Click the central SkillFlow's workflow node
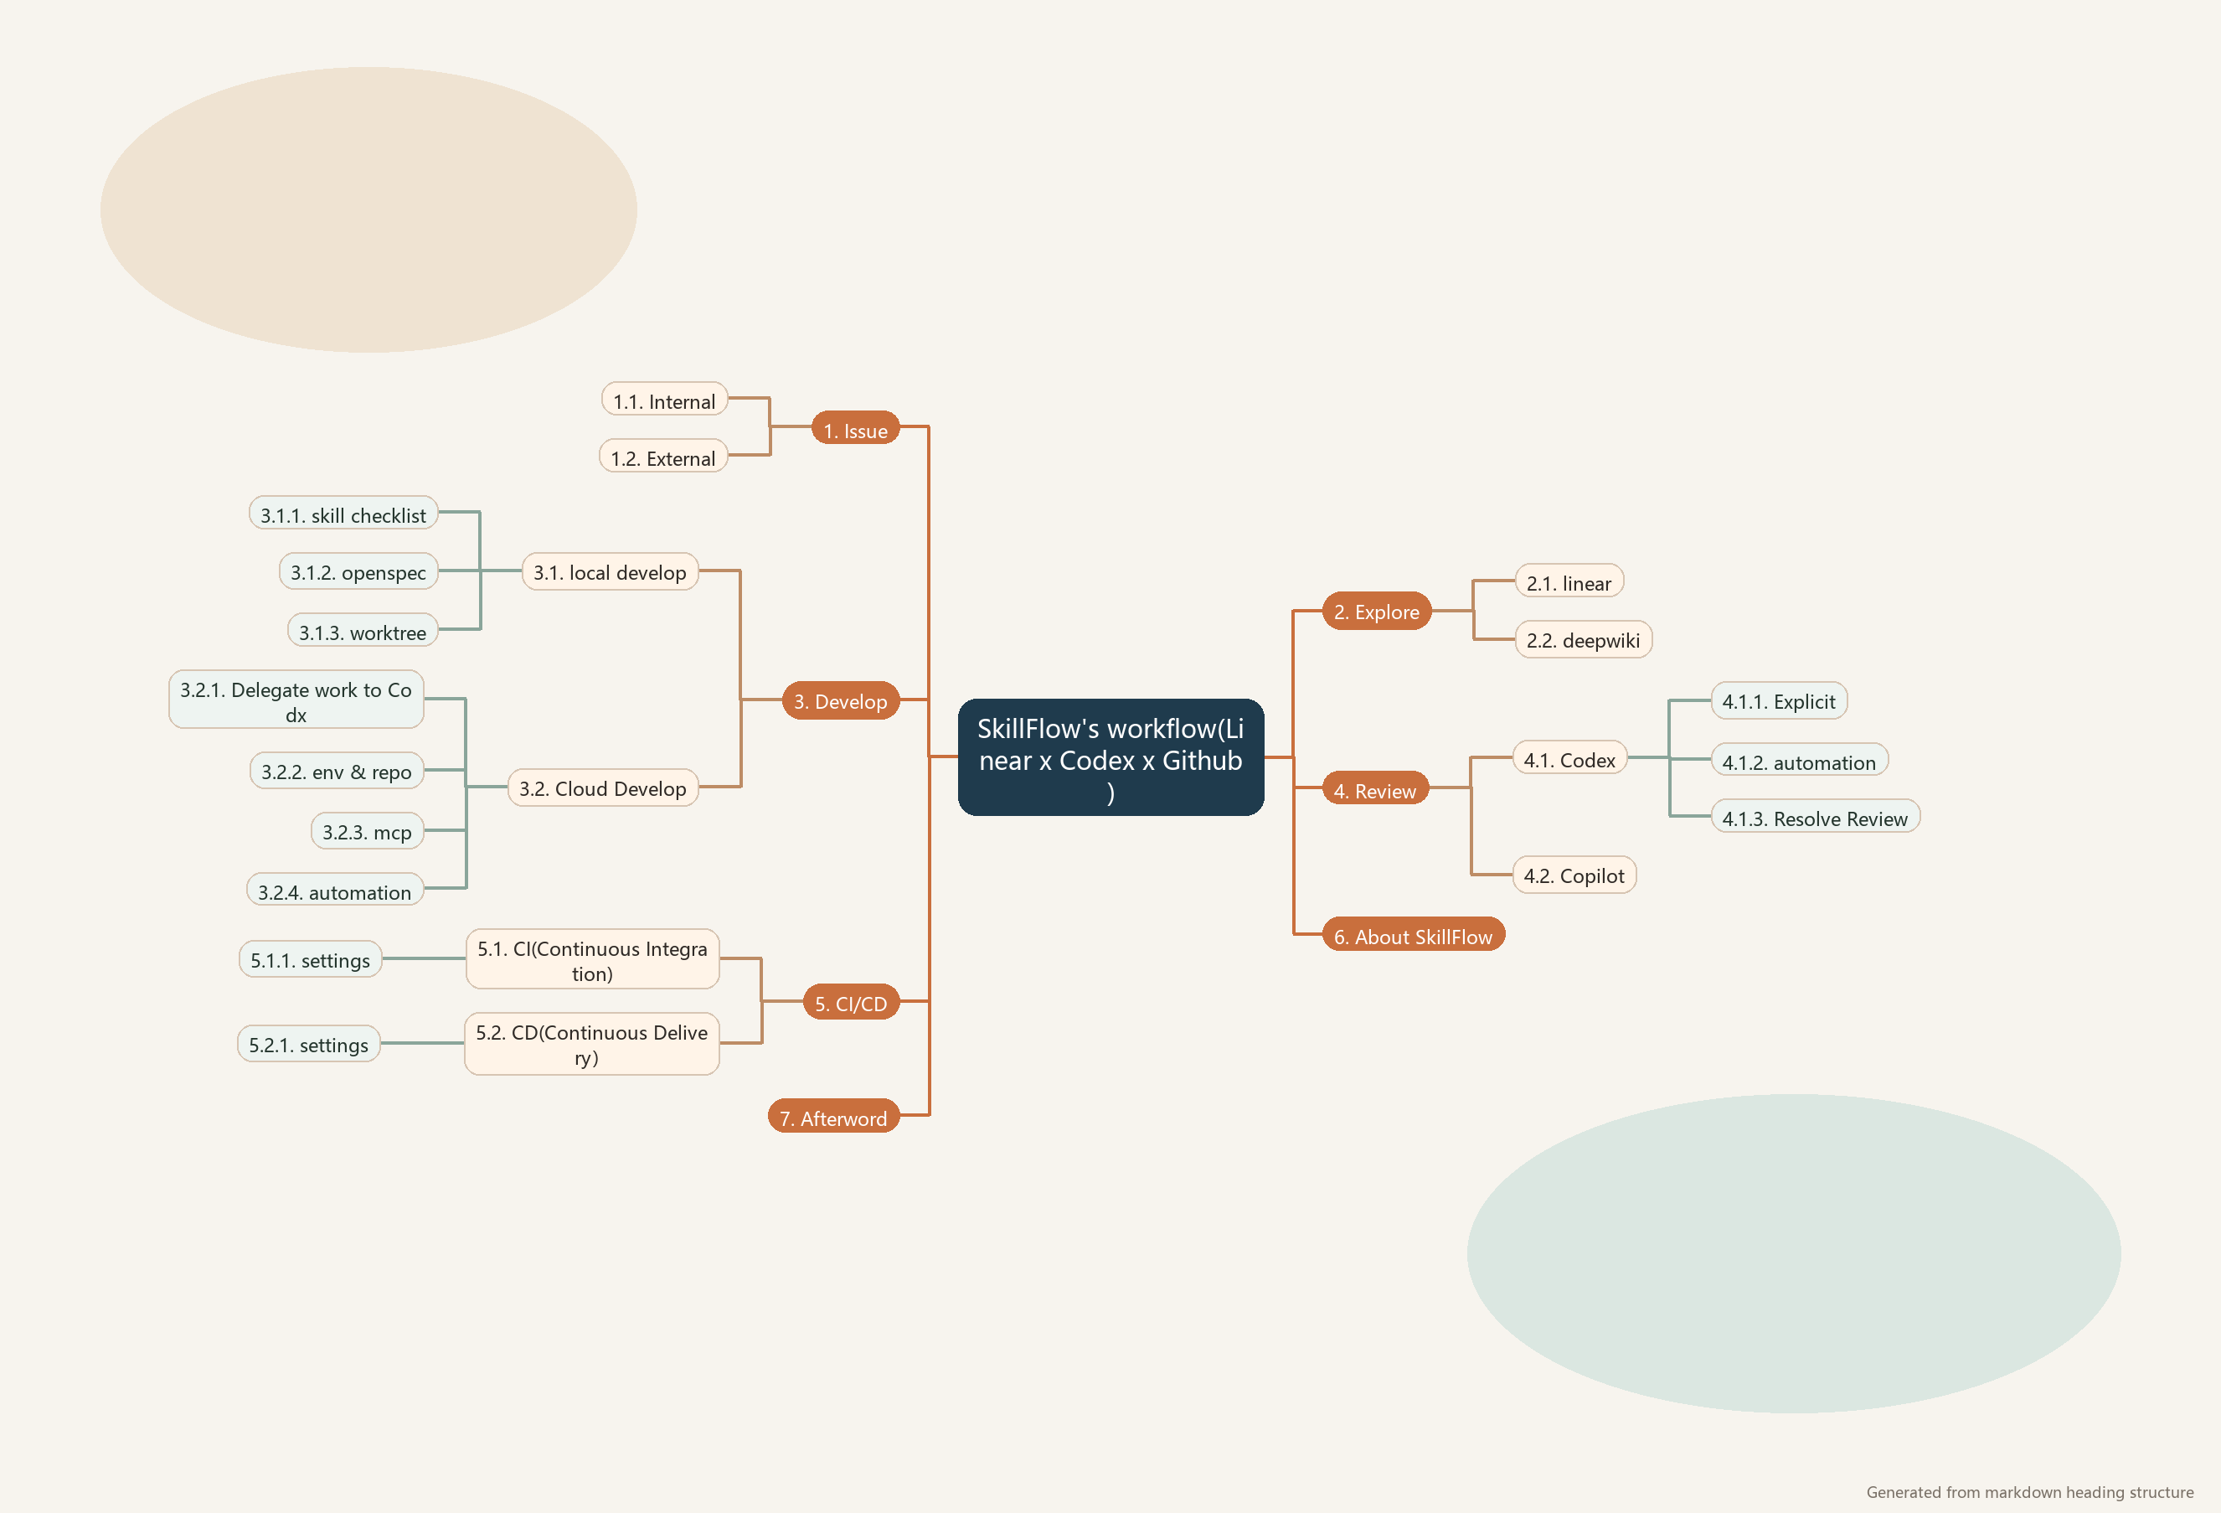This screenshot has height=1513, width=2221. (x=1110, y=757)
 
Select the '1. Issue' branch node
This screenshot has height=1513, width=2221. (x=855, y=430)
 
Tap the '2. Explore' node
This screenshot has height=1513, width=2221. (x=1376, y=612)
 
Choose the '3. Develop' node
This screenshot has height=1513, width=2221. (x=840, y=700)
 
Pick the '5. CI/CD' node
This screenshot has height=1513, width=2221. (x=851, y=1003)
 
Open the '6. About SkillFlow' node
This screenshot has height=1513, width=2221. (x=1413, y=936)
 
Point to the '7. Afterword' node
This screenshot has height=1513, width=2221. (x=833, y=1118)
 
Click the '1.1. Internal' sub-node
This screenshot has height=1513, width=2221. (x=664, y=400)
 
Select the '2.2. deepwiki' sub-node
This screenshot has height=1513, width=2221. (x=1583, y=639)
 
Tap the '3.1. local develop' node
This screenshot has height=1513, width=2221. (x=610, y=571)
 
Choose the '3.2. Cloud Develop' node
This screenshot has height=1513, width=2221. (x=602, y=787)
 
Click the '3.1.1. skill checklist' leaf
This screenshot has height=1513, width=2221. (x=343, y=514)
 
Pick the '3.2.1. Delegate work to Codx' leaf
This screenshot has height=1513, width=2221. (x=296, y=700)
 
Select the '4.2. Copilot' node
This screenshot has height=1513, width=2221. (x=1573, y=875)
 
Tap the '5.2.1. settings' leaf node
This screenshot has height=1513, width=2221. (x=309, y=1045)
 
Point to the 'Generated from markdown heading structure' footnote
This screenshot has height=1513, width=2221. (x=2029, y=1491)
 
